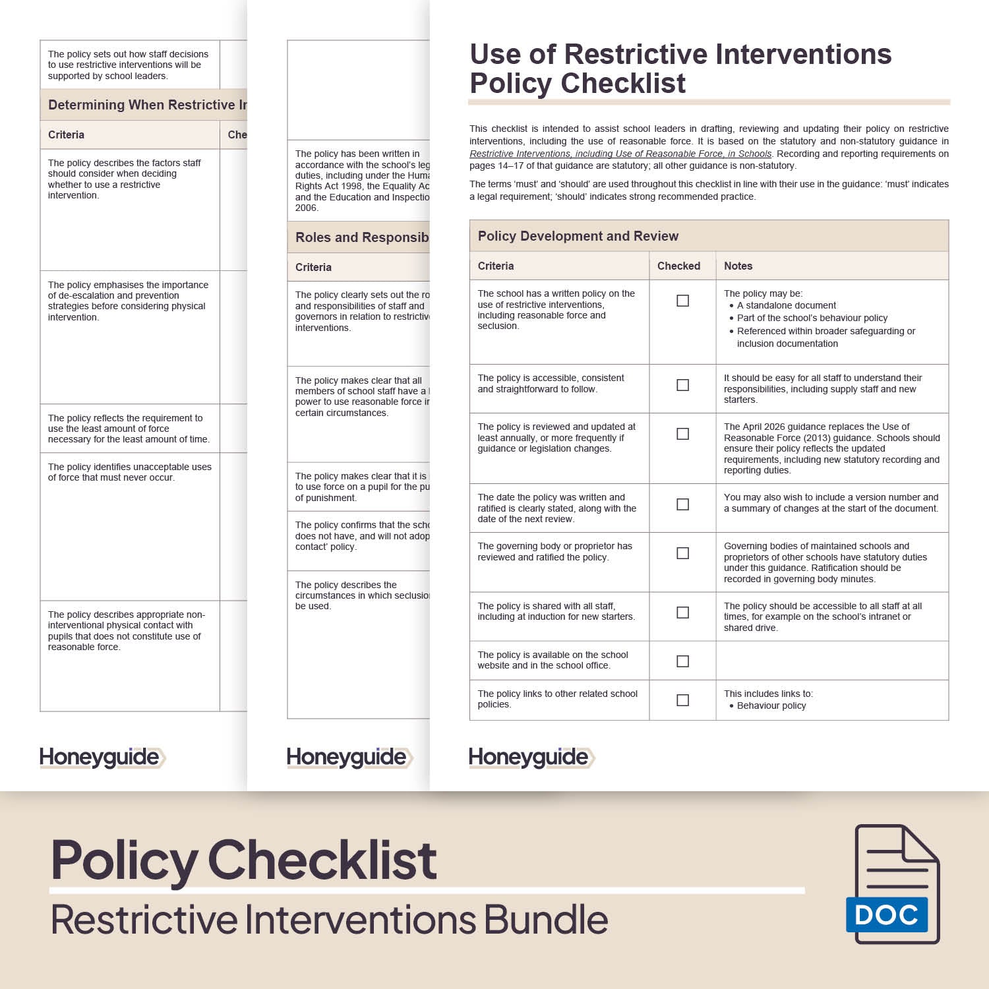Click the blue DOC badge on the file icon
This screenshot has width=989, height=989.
click(x=887, y=914)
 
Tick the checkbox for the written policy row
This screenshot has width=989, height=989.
click(x=682, y=301)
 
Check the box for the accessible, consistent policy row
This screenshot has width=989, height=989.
click(x=682, y=385)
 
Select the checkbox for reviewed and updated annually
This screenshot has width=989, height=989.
click(x=682, y=434)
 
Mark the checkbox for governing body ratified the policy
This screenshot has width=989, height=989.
click(x=682, y=553)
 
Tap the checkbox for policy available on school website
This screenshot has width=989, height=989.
click(x=682, y=661)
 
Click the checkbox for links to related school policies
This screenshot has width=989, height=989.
click(x=682, y=700)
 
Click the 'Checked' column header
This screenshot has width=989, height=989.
click(x=678, y=266)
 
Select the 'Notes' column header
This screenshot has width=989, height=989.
click(x=738, y=266)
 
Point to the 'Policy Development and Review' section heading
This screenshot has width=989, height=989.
click(x=578, y=236)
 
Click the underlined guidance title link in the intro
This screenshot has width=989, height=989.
click(x=620, y=154)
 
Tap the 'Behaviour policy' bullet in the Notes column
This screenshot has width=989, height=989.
click(x=771, y=705)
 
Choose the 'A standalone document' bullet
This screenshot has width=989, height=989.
click(x=786, y=305)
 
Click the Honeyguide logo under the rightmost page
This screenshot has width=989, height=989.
click(x=531, y=757)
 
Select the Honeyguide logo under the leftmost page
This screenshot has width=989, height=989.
click(x=102, y=757)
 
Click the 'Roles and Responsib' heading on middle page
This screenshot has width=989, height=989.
click(x=361, y=237)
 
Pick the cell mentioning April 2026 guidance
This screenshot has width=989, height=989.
click(x=831, y=448)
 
